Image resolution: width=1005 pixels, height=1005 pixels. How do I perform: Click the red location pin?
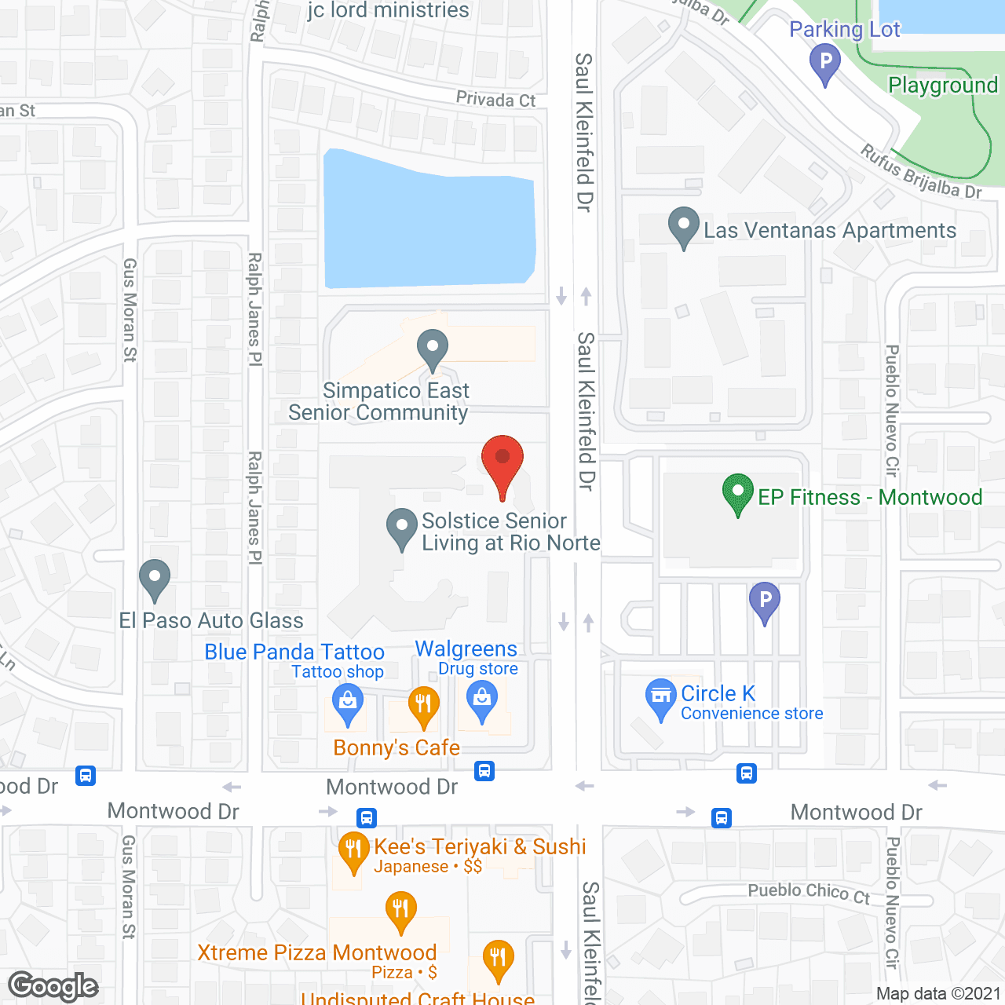tap(502, 460)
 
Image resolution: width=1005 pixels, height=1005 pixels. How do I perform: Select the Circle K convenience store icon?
tap(661, 696)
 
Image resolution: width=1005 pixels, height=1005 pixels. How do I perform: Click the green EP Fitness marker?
tap(737, 493)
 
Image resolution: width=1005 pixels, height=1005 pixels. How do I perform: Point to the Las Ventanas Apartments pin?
tap(684, 225)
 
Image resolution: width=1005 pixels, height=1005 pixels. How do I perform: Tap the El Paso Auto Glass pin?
tap(155, 578)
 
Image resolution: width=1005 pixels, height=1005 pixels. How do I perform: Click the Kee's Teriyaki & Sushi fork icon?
tap(353, 850)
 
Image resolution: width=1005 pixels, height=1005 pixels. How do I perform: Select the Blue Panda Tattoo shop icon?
tap(347, 700)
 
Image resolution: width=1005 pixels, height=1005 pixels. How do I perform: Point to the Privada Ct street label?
tap(495, 100)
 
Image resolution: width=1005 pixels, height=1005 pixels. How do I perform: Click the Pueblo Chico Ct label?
tap(809, 892)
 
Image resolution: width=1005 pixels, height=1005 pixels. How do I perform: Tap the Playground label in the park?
tap(942, 85)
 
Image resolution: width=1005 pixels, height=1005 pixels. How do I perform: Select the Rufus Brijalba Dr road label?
tap(920, 173)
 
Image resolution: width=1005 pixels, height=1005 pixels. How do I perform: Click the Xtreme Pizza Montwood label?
tap(317, 952)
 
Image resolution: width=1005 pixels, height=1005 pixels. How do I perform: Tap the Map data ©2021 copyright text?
tap(938, 993)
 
